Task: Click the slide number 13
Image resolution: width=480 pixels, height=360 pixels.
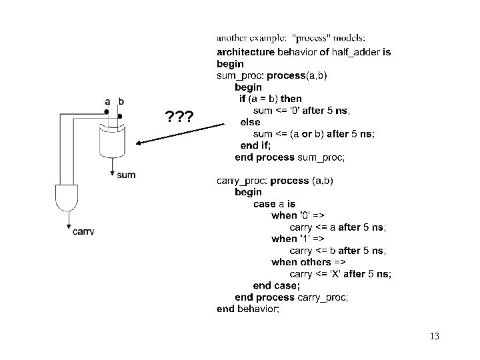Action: point(435,336)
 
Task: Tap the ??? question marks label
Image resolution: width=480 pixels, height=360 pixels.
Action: point(179,118)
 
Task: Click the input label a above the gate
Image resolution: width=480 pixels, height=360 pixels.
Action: point(107,101)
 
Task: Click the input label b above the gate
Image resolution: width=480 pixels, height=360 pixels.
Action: point(121,101)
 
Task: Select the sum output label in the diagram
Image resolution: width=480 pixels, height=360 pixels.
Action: point(126,175)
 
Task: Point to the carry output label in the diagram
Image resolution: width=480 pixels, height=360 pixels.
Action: point(83,231)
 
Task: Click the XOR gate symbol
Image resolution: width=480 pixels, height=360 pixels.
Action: point(111,138)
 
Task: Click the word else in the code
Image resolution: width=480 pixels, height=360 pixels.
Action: point(250,122)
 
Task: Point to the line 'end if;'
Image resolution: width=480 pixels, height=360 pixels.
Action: point(256,145)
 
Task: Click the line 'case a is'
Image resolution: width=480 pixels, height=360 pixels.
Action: point(274,203)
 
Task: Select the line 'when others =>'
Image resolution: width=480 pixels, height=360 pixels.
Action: point(309,262)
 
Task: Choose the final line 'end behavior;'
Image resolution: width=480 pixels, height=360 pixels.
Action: point(248,309)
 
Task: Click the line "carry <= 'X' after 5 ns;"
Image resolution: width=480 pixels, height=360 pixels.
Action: point(340,274)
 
